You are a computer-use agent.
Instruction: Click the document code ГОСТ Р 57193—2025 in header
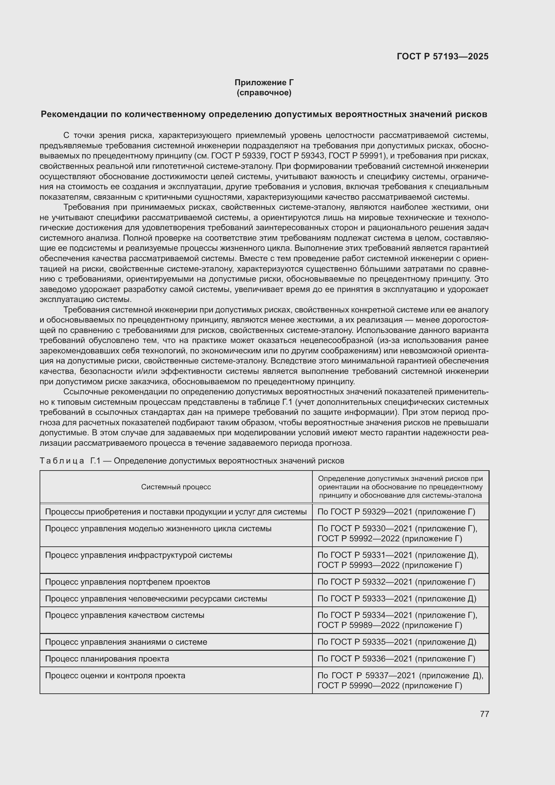(x=443, y=56)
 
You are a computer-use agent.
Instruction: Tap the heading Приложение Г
(x=264, y=83)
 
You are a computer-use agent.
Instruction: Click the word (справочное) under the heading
(x=264, y=93)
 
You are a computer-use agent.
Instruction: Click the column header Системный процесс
(x=176, y=487)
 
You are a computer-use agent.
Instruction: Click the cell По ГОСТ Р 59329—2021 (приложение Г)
(x=396, y=511)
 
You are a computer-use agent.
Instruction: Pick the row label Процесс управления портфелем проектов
(x=128, y=582)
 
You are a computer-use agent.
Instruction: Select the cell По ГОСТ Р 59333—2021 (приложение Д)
(x=396, y=598)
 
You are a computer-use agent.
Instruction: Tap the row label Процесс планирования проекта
(x=107, y=658)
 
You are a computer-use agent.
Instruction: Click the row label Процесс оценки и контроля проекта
(x=115, y=675)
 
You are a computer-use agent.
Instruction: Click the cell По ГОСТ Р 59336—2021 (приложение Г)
(x=396, y=658)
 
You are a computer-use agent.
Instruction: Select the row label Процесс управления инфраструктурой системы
(x=138, y=555)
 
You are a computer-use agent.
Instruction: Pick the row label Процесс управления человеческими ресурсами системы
(x=156, y=598)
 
